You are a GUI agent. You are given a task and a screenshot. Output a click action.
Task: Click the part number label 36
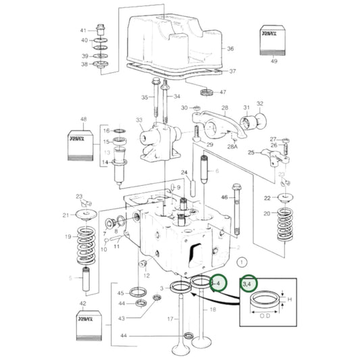click(230, 49)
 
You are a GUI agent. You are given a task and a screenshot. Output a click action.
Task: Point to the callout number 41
click(84, 31)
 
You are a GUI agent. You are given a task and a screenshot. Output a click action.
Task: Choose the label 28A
click(215, 145)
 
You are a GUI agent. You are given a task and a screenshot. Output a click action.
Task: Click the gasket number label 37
click(232, 71)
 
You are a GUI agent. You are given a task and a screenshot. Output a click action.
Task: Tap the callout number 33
click(140, 120)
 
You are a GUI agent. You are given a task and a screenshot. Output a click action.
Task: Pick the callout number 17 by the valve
click(172, 319)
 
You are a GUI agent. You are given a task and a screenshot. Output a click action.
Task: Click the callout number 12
click(147, 276)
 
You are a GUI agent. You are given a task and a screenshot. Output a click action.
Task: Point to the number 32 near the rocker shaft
click(259, 104)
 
